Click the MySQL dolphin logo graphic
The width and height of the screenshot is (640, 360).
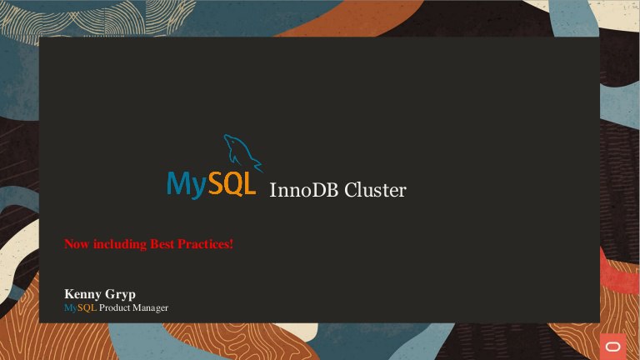point(242,152)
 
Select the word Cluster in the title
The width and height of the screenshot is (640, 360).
point(375,190)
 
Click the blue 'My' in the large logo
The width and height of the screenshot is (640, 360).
point(187,184)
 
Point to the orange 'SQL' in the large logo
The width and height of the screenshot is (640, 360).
point(232,182)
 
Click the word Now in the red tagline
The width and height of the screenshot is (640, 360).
point(77,244)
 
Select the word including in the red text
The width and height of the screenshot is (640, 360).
point(120,244)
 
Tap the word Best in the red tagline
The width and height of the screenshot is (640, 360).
point(162,244)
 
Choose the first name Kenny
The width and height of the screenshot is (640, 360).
point(83,294)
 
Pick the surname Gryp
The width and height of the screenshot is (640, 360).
point(120,295)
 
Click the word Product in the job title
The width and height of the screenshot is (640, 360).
point(114,307)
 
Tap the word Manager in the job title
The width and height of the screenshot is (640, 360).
point(150,308)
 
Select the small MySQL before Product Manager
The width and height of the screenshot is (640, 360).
point(80,307)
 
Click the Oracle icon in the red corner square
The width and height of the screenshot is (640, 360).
point(612,347)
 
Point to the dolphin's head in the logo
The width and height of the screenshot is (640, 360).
point(229,140)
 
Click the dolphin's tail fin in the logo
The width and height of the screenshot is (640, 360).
point(258,166)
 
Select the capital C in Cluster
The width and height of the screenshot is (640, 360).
point(350,190)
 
